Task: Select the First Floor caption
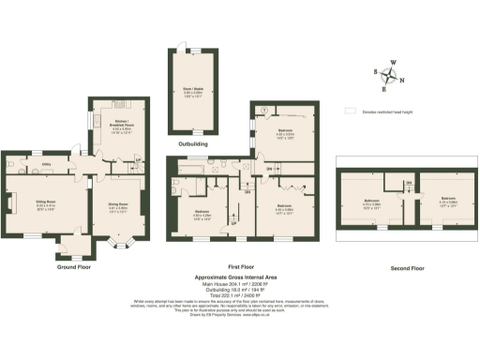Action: pos(244,266)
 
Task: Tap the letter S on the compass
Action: pos(375,71)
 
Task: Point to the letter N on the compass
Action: pos(402,80)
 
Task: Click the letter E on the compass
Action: pos(384,89)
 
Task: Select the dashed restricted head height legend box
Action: pos(352,110)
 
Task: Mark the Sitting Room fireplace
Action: pos(11,203)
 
